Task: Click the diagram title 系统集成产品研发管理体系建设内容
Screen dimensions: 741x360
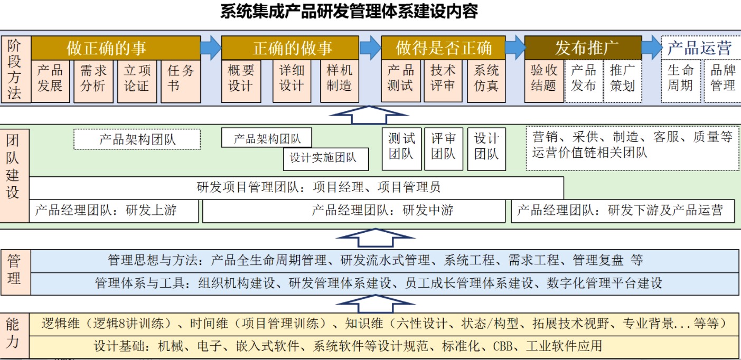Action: coord(349,12)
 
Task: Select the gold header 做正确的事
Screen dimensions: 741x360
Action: coord(116,48)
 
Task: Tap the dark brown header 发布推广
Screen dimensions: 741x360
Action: coord(583,48)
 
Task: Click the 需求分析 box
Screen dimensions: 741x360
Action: coord(93,81)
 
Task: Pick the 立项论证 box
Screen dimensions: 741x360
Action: coord(137,81)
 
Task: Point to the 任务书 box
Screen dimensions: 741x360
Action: coord(181,81)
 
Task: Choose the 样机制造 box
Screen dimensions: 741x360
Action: coord(340,81)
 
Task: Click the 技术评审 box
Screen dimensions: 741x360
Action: coord(443,81)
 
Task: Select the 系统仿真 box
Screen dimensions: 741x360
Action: coord(486,81)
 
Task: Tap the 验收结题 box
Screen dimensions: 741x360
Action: coord(544,81)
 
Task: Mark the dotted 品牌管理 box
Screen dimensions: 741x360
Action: coord(723,81)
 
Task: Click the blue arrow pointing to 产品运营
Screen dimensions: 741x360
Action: coord(652,48)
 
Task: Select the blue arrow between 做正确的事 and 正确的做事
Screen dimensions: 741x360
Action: coord(211,48)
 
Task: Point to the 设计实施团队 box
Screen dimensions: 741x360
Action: coord(326,159)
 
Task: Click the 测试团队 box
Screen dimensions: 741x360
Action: coord(401,149)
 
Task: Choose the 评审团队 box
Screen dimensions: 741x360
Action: coord(444,149)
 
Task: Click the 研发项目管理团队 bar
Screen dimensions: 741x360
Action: coord(296,188)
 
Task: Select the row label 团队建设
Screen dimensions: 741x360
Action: coord(13,167)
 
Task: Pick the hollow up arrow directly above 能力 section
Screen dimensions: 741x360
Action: coord(376,304)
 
